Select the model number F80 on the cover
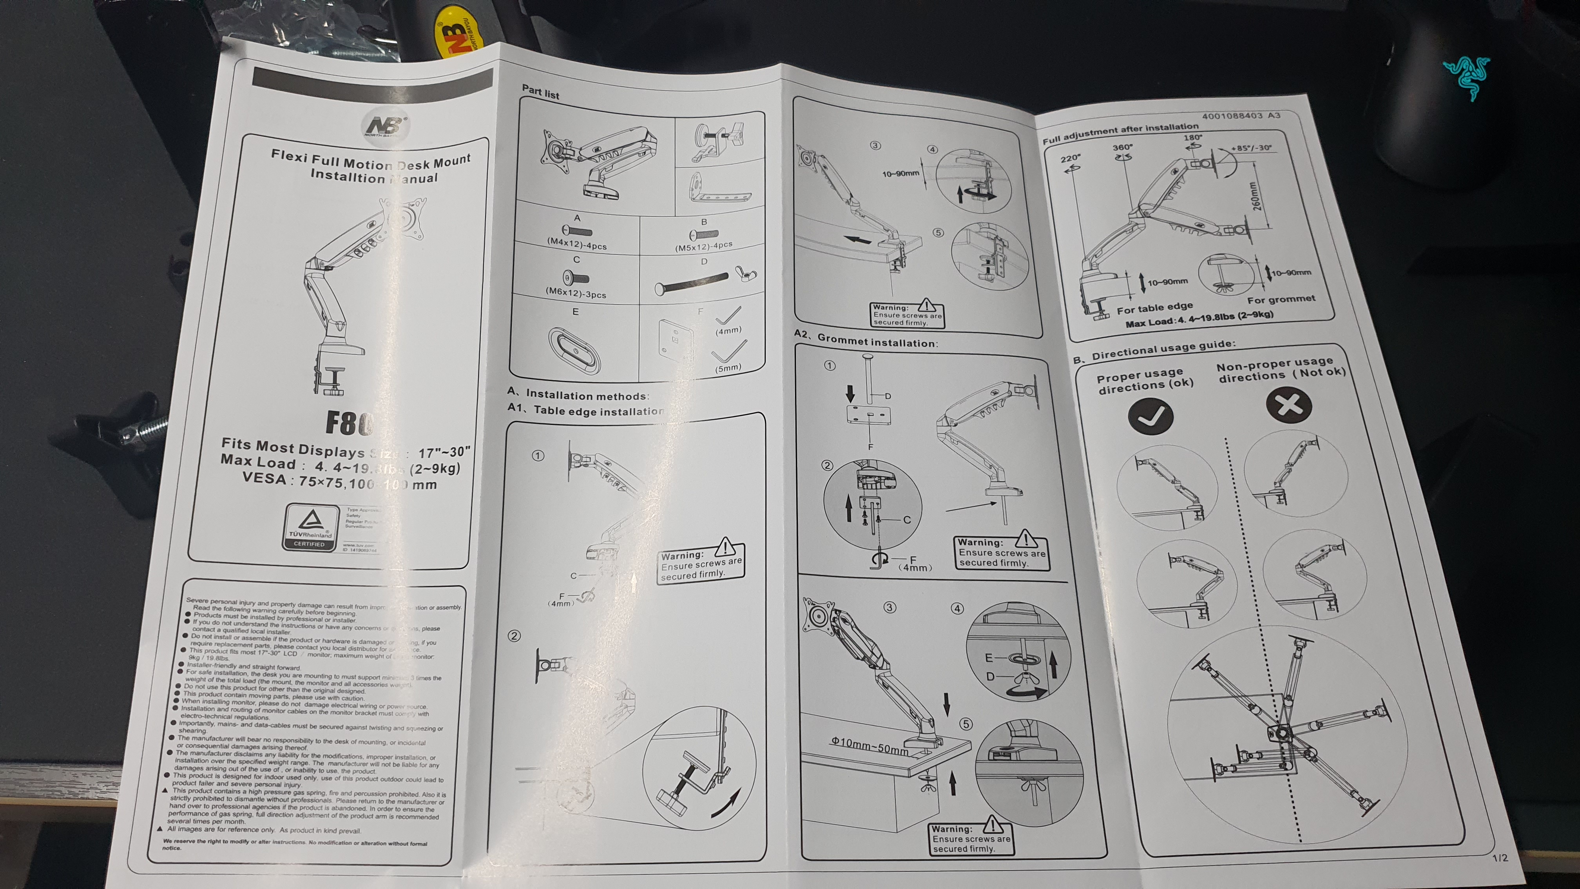[348, 423]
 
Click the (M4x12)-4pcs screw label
[576, 244]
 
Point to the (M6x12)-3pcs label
[575, 293]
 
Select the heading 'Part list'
[540, 92]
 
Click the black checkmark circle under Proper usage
[1151, 417]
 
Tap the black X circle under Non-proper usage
[1289, 406]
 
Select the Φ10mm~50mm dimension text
[869, 746]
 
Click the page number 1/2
[1500, 857]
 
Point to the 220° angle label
[1070, 158]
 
